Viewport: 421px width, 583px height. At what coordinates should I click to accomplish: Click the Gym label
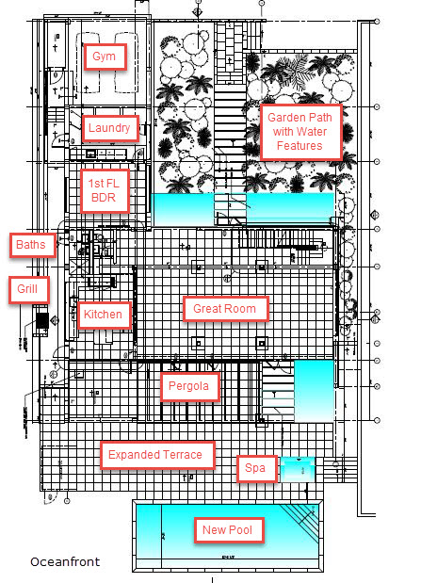pyautogui.click(x=105, y=57)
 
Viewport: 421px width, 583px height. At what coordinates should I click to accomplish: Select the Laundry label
pyautogui.click(x=109, y=128)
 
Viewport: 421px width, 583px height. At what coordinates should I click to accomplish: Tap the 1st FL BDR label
pyautogui.click(x=105, y=190)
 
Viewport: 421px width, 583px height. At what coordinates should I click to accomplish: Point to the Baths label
pyautogui.click(x=32, y=245)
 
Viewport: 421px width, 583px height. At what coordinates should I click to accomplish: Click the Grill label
pyautogui.click(x=28, y=289)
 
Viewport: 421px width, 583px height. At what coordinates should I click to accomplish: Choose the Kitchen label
pyautogui.click(x=104, y=315)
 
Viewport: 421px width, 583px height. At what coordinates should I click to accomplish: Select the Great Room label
pyautogui.click(x=225, y=309)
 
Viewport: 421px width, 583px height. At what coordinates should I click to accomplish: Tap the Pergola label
pyautogui.click(x=189, y=386)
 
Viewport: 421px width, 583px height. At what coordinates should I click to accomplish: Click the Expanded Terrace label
pyautogui.click(x=156, y=455)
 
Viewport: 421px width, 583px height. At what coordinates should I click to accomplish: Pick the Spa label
pyautogui.click(x=256, y=468)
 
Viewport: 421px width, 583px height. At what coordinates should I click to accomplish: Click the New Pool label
pyautogui.click(x=228, y=530)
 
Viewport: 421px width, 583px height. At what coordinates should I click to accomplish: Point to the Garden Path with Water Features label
pyautogui.click(x=300, y=132)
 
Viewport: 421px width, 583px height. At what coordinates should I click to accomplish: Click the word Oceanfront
pyautogui.click(x=65, y=561)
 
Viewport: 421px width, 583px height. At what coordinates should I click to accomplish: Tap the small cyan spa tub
pyautogui.click(x=298, y=469)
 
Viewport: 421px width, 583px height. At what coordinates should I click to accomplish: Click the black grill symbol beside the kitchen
pyautogui.click(x=42, y=321)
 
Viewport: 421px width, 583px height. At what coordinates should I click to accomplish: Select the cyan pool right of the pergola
pyautogui.click(x=315, y=391)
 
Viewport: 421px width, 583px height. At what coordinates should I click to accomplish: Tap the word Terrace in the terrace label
pyautogui.click(x=184, y=455)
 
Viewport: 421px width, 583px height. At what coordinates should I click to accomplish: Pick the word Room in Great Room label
pyautogui.click(x=241, y=309)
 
